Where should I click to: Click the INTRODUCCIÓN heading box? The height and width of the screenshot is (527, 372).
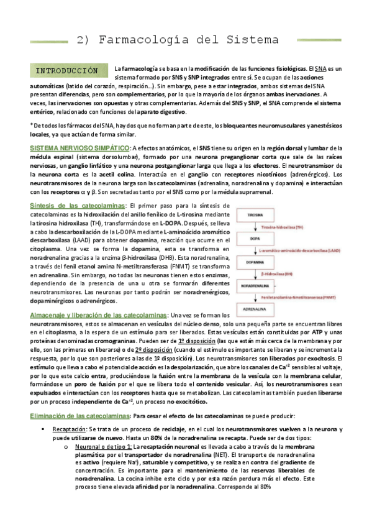pos(67,70)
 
